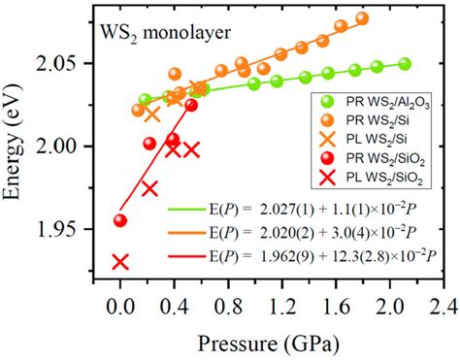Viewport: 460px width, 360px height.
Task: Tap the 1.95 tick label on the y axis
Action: (69, 230)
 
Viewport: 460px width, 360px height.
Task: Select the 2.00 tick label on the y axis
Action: (69, 147)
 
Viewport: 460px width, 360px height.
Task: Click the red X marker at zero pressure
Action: (120, 262)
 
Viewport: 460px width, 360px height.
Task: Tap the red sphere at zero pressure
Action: (120, 220)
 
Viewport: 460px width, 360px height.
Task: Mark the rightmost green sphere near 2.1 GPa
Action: (405, 64)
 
